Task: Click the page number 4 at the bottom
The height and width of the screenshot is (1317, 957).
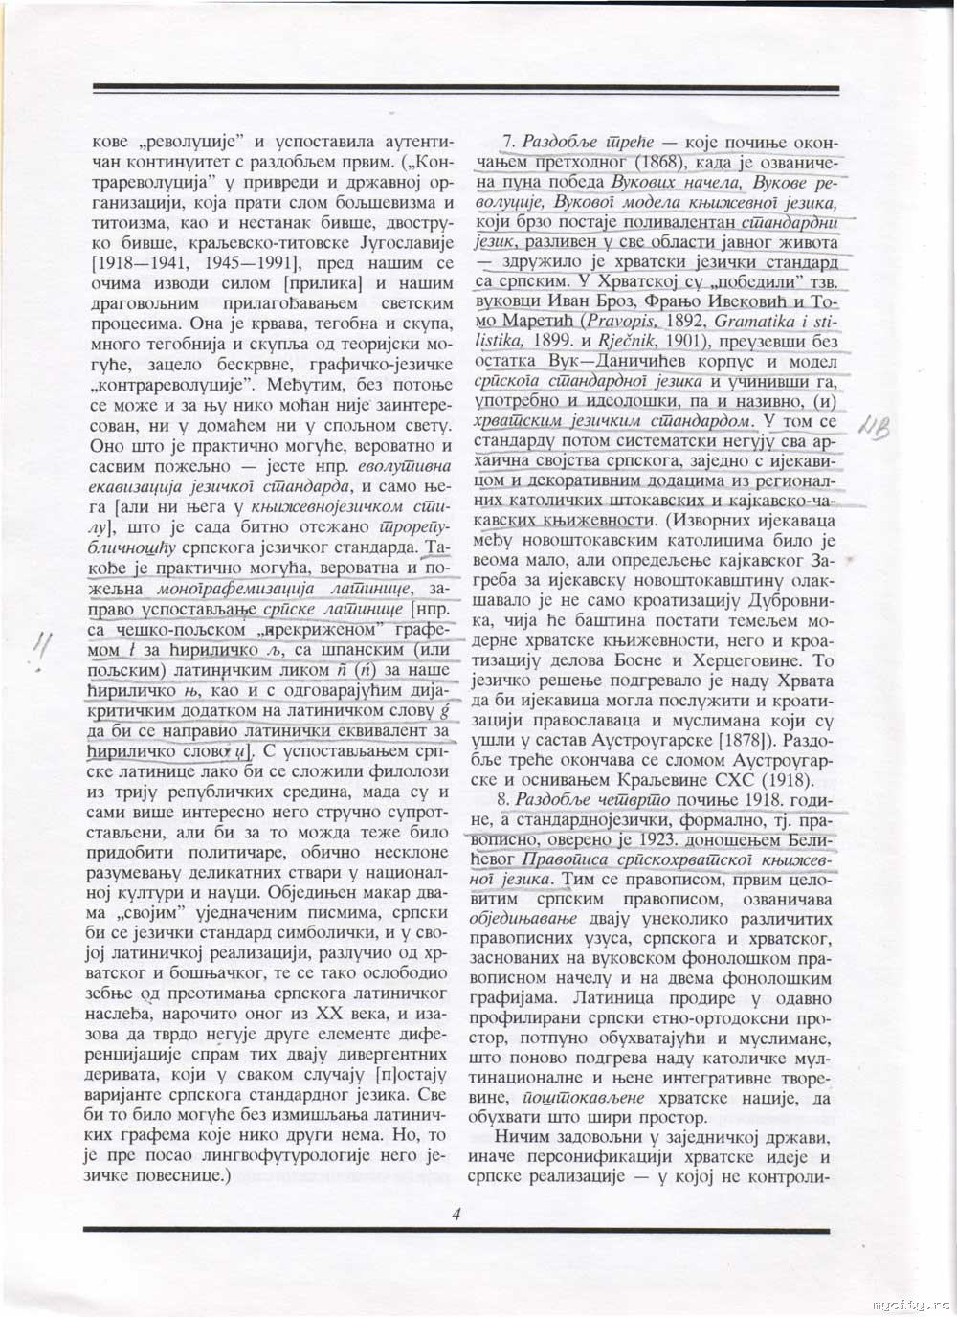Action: pos(456,1214)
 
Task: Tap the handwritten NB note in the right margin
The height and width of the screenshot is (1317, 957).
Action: pos(875,428)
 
